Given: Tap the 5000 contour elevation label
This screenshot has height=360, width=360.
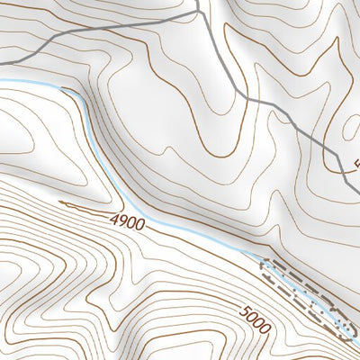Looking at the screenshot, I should (x=255, y=318).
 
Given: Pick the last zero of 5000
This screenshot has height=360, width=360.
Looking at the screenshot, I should (x=265, y=327).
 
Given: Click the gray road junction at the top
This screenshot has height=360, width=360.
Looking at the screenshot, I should (x=197, y=13).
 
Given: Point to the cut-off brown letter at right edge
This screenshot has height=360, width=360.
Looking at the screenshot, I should (x=356, y=165).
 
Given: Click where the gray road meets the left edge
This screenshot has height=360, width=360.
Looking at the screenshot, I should (x=2, y=61).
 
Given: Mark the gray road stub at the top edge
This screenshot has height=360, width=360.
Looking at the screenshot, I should (x=195, y=2).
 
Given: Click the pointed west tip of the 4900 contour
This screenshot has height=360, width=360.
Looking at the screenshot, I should (x=60, y=202).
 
